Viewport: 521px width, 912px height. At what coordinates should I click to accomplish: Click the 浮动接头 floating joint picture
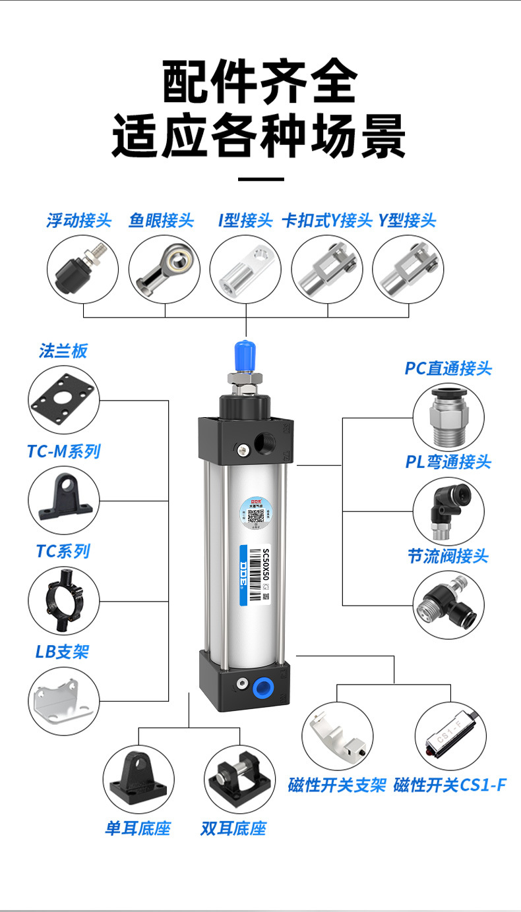click(82, 269)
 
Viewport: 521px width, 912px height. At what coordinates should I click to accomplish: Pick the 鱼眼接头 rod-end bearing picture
click(164, 269)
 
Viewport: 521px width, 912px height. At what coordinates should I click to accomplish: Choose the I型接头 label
click(245, 220)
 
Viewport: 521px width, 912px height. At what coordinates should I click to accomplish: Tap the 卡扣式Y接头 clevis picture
click(326, 269)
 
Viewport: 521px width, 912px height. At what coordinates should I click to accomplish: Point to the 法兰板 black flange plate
click(64, 400)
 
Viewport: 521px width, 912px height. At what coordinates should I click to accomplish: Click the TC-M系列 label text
click(64, 451)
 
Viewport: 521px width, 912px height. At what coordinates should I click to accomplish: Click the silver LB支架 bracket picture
click(64, 700)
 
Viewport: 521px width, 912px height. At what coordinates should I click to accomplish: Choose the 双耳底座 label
click(233, 828)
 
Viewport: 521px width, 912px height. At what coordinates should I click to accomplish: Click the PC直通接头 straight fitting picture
click(448, 415)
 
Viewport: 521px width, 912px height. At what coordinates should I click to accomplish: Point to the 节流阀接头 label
click(448, 556)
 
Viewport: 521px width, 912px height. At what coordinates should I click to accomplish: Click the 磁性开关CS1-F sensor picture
click(451, 735)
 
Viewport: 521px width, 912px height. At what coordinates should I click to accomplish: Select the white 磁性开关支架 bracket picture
click(337, 735)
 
